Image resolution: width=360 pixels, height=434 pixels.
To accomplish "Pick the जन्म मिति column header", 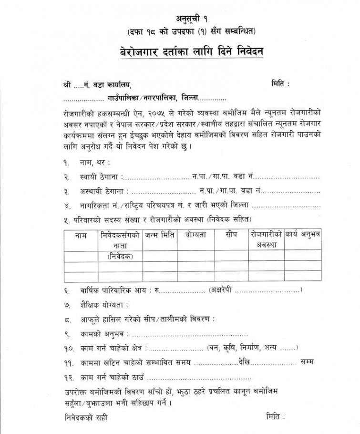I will point(160,235).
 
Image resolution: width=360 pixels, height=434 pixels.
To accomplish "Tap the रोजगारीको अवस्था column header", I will point(266,239).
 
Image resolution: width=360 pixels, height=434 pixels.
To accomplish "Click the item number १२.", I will point(67,378).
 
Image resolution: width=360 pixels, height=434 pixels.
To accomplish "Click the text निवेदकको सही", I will point(85,417).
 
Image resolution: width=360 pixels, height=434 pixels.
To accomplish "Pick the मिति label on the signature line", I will point(275,416).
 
